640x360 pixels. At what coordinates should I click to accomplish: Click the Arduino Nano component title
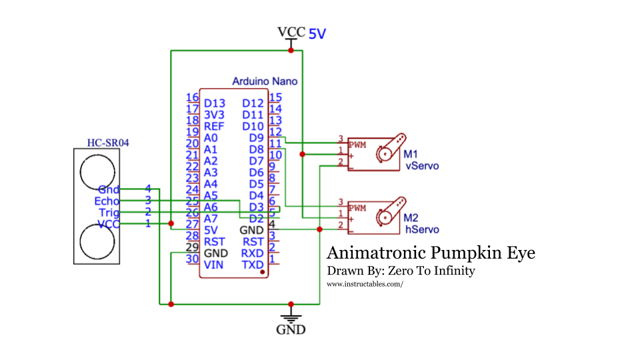(265, 81)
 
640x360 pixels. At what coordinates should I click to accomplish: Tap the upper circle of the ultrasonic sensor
(97, 171)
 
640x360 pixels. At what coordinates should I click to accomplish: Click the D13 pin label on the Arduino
(215, 103)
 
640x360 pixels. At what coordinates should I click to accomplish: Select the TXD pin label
(253, 265)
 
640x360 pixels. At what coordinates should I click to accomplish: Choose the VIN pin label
(213, 265)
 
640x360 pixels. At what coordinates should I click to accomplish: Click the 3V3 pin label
(215, 115)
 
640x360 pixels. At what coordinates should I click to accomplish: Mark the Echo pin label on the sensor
(107, 201)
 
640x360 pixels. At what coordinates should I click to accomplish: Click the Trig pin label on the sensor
(109, 213)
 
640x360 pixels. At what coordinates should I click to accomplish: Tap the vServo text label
(422, 166)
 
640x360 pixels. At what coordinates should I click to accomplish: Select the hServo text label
(422, 229)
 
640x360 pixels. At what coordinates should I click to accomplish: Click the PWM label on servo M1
(357, 144)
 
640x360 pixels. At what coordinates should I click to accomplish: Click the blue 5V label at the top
(317, 34)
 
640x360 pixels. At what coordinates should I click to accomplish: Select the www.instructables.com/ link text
(365, 284)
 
